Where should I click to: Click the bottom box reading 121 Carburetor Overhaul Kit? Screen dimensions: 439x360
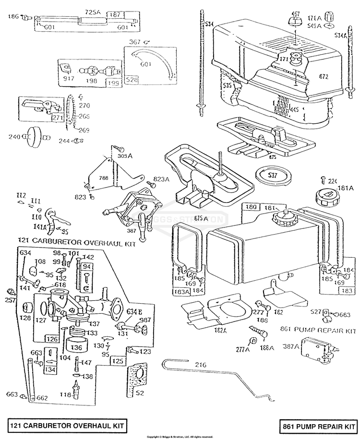(67, 425)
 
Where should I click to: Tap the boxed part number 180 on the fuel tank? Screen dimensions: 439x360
(251, 207)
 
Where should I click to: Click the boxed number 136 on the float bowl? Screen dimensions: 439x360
(77, 346)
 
